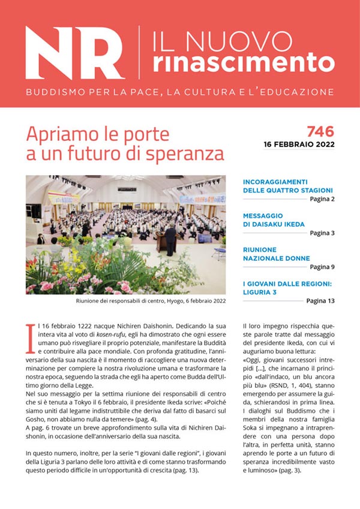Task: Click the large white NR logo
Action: tap(76, 53)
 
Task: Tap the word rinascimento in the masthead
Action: tap(243, 61)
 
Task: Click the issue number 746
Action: tap(320, 131)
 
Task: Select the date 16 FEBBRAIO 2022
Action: tap(299, 144)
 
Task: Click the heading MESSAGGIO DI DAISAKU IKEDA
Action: tap(274, 219)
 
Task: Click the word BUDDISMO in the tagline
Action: tap(53, 93)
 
